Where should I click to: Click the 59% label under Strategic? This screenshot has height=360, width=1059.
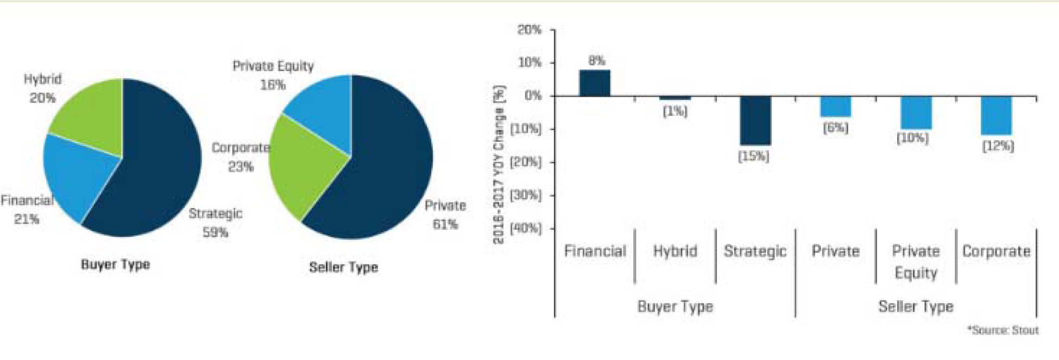[215, 232]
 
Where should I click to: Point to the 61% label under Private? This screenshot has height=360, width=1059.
[445, 224]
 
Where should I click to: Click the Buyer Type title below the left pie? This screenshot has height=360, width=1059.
[115, 264]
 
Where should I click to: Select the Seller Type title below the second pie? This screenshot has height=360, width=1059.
[343, 267]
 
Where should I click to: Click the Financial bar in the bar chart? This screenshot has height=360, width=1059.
[595, 83]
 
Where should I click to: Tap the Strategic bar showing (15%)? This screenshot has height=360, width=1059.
[755, 121]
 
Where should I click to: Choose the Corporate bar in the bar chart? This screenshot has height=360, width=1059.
[996, 115]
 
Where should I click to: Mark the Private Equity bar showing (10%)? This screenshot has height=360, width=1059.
[916, 112]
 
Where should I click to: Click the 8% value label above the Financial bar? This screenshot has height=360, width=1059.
[596, 61]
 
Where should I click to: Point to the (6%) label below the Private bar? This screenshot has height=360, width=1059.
[835, 128]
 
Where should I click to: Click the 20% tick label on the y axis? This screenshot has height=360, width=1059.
[529, 30]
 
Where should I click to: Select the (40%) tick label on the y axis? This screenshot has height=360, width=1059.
[526, 228]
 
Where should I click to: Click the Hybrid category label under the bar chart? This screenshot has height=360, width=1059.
[675, 251]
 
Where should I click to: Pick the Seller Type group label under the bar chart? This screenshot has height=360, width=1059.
[916, 307]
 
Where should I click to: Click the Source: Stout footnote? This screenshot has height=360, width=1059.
[1003, 330]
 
